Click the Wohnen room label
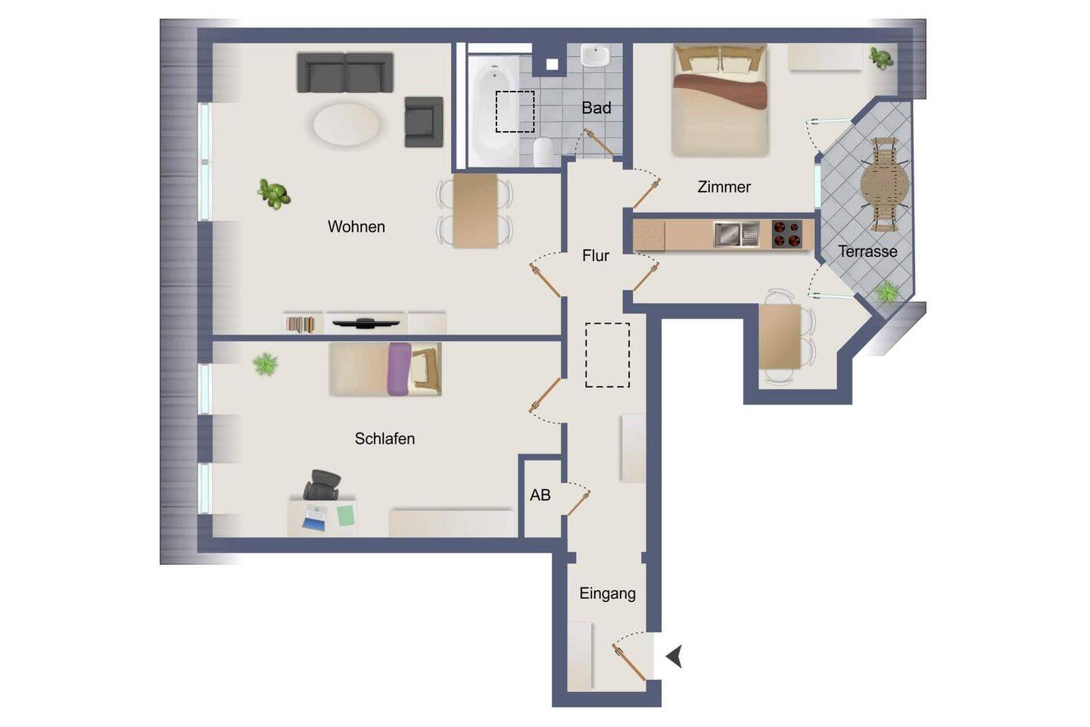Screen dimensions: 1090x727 pos(357,227)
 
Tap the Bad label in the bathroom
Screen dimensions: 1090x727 pos(596,108)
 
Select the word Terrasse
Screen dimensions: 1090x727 pos(867,251)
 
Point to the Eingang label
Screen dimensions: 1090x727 pos(607,594)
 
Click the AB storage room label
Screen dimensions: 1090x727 pos(540,495)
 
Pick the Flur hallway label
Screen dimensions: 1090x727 pos(596,256)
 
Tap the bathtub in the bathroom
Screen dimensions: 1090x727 pos(493,111)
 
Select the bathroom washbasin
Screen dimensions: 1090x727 pos(595,55)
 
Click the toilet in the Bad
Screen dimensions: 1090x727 pos(543,152)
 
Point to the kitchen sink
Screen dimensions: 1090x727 pos(737,234)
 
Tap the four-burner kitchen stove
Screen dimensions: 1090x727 pos(787,234)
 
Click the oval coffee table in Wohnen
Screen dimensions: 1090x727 pos(347,125)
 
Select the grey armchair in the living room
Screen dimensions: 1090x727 pos(424,122)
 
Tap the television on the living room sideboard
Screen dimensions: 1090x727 pos(366,323)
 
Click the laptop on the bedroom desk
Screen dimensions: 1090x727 pos(315,518)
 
